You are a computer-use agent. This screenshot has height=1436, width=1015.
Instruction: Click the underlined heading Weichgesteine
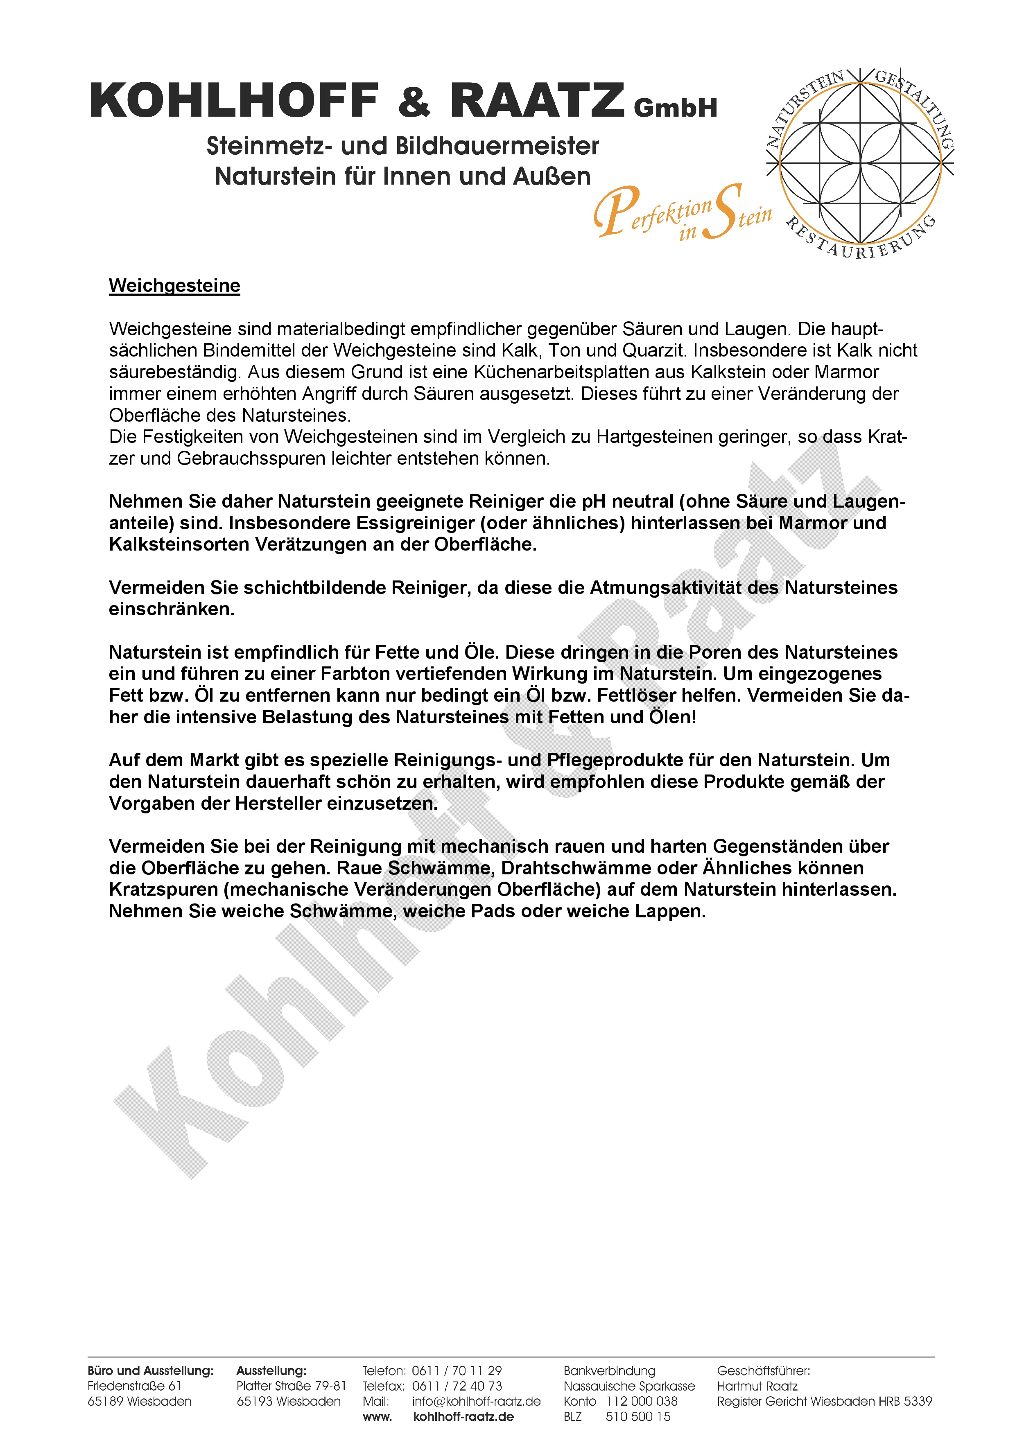[x=174, y=286]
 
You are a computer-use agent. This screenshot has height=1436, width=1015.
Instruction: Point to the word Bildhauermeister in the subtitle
[x=497, y=147]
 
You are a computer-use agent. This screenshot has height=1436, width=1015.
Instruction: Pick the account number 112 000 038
[x=642, y=1401]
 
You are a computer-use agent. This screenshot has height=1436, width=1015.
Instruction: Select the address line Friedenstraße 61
[x=134, y=1386]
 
